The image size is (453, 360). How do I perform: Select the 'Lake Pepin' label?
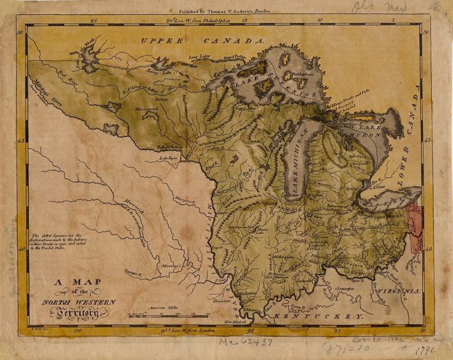168,158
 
